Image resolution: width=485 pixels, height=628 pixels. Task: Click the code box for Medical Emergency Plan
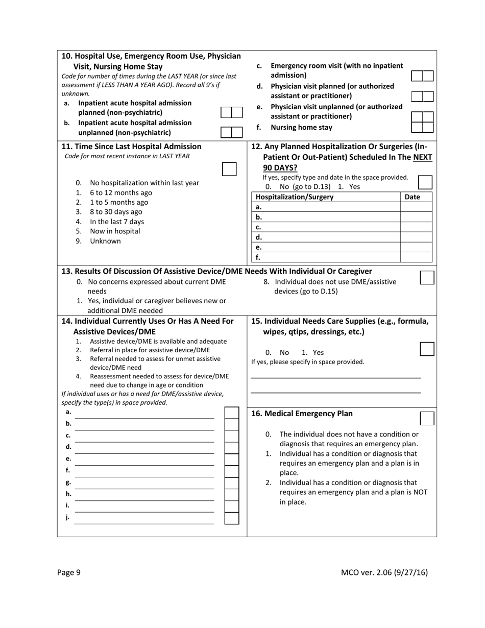pos(427,418)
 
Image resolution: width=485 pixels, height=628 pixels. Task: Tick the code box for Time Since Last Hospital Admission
pos(230,170)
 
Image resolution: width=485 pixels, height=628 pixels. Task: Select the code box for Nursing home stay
pos(422,127)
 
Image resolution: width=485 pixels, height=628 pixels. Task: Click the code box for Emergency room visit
pos(422,76)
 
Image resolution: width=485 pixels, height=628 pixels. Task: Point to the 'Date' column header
pos(412,197)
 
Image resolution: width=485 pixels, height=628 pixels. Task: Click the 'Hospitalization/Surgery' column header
pos(294,197)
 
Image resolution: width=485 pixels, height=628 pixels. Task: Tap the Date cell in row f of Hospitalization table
pos(416,257)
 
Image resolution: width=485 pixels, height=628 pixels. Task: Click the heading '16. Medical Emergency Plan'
pos(302,414)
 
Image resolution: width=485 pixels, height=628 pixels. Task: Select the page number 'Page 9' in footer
pos(69,572)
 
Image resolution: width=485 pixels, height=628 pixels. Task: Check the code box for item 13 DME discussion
pos(427,277)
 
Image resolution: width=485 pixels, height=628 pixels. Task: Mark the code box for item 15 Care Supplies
pos(427,349)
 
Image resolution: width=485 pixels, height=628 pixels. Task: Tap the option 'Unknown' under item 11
pos(105,241)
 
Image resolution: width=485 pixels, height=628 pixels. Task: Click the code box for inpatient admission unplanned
pos(231,132)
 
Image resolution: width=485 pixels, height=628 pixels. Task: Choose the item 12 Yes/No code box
pos(425,182)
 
